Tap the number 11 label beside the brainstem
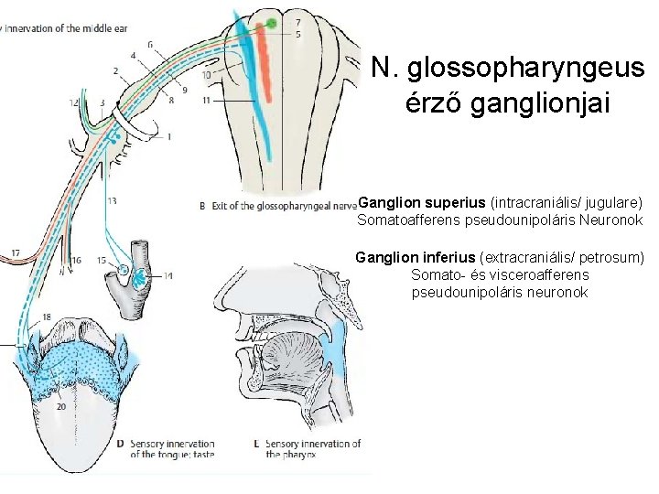coord(208,98)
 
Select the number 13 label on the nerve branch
coord(112,200)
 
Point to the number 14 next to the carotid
coord(167,275)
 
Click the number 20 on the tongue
coord(60,404)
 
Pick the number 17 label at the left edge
coord(16,252)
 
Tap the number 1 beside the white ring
coord(167,137)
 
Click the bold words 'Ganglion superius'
coord(422,200)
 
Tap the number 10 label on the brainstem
coord(208,73)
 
